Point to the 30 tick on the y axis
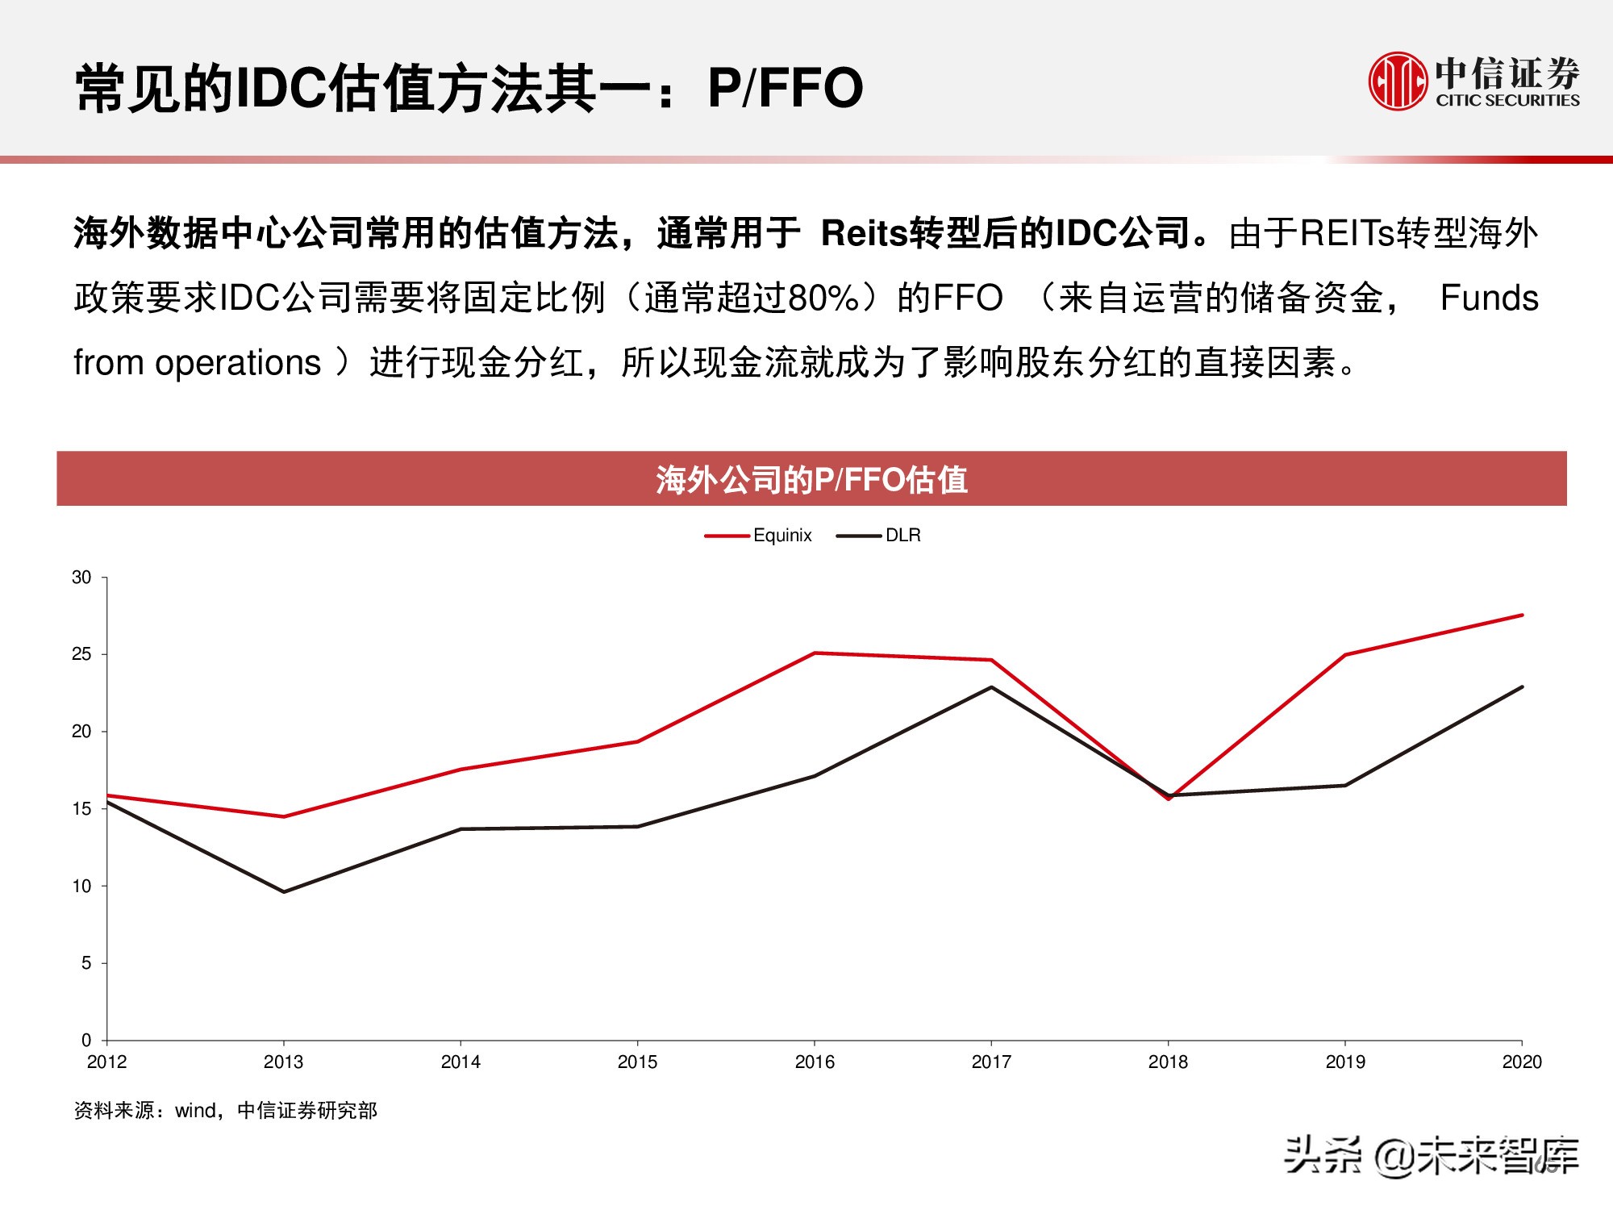(81, 578)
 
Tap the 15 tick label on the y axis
(81, 809)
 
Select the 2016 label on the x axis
(815, 1062)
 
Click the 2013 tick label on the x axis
(283, 1062)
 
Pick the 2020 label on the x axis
(1521, 1062)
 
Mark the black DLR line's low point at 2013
(284, 891)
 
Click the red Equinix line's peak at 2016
(815, 653)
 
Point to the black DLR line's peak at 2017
(991, 687)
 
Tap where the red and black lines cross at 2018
(1168, 796)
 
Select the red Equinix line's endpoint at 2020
(1522, 615)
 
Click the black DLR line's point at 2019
(1345, 785)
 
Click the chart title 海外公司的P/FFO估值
(811, 479)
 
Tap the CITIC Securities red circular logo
(1398, 81)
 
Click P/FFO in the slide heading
(785, 87)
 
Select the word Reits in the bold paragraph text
(864, 233)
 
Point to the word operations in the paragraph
(238, 363)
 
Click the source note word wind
(195, 1111)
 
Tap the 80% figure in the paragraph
(823, 298)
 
